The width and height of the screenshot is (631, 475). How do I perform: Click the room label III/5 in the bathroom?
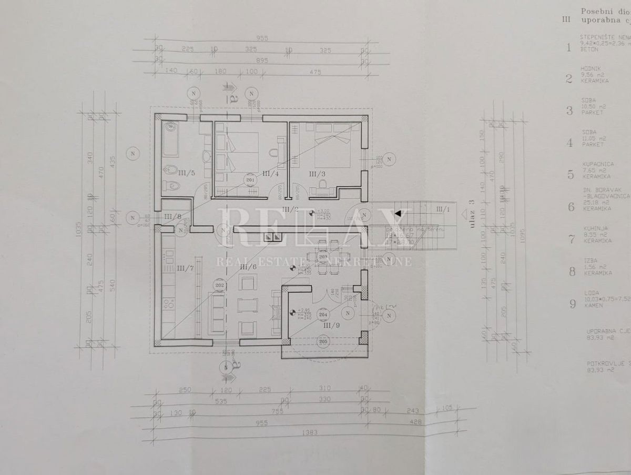pyautogui.click(x=189, y=173)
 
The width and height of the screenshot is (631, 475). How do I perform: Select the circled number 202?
pyautogui.click(x=220, y=286)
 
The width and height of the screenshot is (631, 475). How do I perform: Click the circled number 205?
pyautogui.click(x=323, y=341)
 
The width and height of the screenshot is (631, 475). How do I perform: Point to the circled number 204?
pyautogui.click(x=323, y=315)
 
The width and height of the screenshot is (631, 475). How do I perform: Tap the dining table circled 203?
pyautogui.click(x=323, y=257)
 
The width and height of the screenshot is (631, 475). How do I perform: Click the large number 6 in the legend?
pyautogui.click(x=571, y=206)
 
